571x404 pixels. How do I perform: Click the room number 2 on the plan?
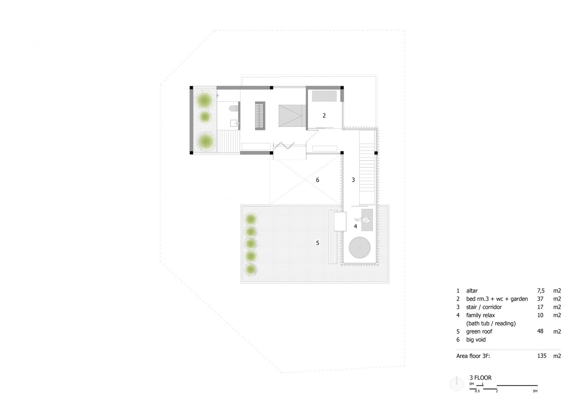(x=324, y=116)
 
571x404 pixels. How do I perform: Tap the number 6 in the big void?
(x=317, y=180)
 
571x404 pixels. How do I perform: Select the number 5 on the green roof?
(x=317, y=243)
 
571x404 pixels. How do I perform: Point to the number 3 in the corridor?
(x=353, y=180)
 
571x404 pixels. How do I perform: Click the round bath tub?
(x=359, y=248)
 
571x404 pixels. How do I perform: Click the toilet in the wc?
(x=233, y=108)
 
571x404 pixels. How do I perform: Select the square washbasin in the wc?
(x=234, y=123)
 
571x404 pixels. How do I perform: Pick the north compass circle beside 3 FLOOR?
(x=456, y=384)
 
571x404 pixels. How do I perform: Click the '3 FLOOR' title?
(x=480, y=378)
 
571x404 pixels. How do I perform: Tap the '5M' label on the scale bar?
(x=535, y=391)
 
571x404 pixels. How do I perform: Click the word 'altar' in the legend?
(x=472, y=290)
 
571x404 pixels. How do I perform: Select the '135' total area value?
(x=542, y=355)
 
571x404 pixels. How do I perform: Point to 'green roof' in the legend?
(x=479, y=331)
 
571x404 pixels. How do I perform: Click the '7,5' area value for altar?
(x=541, y=290)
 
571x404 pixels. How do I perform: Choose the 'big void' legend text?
(x=476, y=340)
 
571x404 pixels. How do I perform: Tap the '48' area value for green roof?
(x=540, y=331)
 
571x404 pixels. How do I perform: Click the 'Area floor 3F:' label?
(x=473, y=356)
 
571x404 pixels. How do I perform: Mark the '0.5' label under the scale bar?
(x=477, y=391)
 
